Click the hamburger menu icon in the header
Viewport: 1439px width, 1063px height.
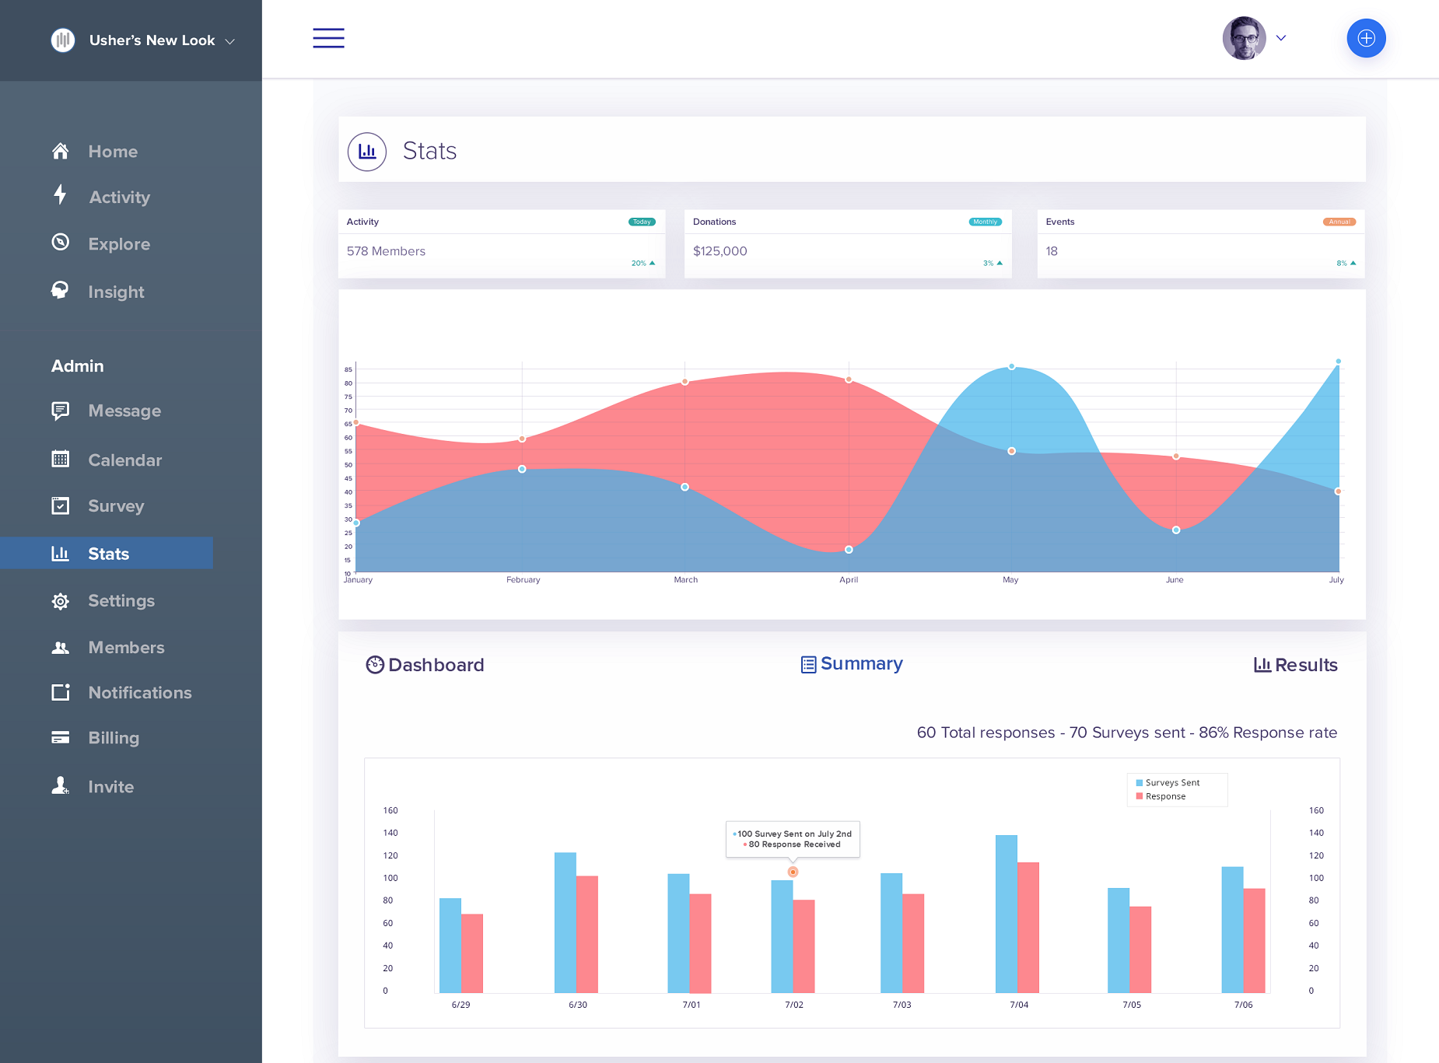[x=328, y=38]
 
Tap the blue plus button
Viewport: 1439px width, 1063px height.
[x=1366, y=38]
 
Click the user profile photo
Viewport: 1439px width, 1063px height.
[x=1244, y=38]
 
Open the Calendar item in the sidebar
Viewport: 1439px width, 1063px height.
[x=124, y=460]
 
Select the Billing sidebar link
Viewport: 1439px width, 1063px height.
[x=114, y=738]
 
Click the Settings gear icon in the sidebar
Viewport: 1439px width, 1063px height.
[x=61, y=601]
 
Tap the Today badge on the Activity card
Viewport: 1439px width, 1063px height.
[x=642, y=222]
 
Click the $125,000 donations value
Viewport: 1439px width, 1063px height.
[x=719, y=251]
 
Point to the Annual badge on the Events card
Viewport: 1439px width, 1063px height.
[x=1339, y=222]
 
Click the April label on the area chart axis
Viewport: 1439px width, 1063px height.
[x=849, y=580]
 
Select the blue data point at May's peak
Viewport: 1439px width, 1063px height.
[x=1011, y=366]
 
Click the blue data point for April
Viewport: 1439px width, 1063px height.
[x=849, y=550]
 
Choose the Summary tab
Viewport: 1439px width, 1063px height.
[x=853, y=664]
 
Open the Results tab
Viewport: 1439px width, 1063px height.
[x=1296, y=665]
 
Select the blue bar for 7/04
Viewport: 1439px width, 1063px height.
[x=1006, y=914]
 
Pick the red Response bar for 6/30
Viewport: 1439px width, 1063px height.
[x=587, y=934]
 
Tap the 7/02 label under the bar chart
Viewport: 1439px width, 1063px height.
[x=794, y=1005]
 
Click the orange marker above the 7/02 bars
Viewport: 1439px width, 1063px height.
[x=793, y=872]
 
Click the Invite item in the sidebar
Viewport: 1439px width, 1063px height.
[x=110, y=787]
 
